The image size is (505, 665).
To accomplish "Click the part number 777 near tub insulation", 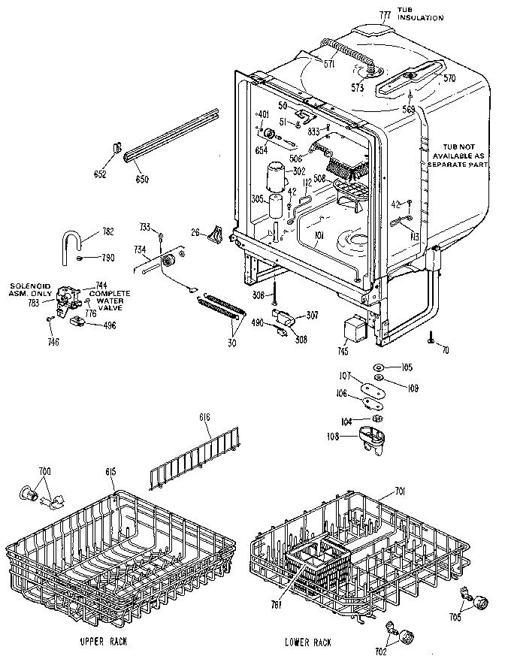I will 384,16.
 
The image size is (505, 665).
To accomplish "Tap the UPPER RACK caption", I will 102,642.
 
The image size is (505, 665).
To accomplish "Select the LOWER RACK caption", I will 308,642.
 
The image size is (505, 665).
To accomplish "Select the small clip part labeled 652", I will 118,150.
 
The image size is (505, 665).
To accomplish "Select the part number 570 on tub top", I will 449,78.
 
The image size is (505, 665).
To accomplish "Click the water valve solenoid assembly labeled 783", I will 68,304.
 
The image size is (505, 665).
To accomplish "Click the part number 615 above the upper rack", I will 110,470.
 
